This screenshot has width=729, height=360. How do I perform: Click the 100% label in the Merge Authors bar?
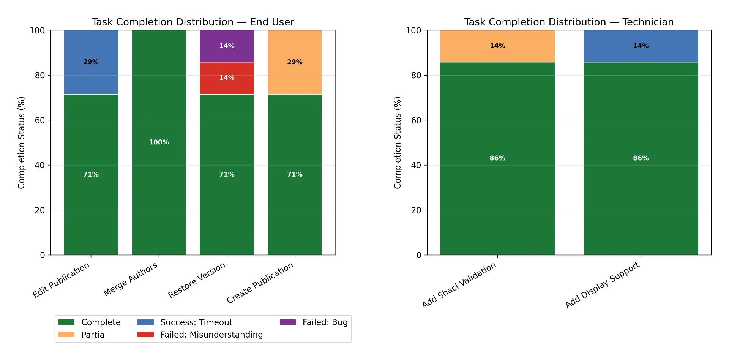(159, 142)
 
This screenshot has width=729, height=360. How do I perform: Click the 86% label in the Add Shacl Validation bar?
(497, 158)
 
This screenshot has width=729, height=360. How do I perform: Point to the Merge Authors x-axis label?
(130, 279)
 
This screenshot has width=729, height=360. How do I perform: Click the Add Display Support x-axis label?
(603, 285)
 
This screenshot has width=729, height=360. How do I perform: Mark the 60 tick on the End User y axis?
(39, 120)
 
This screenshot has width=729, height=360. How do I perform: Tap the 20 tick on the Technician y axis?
(416, 210)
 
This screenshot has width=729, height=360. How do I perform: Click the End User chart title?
(193, 22)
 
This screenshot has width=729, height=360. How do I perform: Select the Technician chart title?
(569, 22)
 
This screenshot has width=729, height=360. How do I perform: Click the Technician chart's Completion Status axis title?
(398, 142)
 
